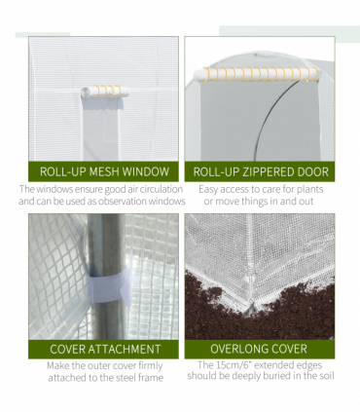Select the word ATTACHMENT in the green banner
(x=125, y=349)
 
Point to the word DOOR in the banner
(x=314, y=171)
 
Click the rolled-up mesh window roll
(x=105, y=92)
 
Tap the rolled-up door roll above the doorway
(x=256, y=74)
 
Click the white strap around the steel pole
(x=110, y=284)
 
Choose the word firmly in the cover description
(x=150, y=366)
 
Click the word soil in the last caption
(x=326, y=376)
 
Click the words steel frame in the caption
(x=143, y=378)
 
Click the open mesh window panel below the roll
(x=101, y=130)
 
